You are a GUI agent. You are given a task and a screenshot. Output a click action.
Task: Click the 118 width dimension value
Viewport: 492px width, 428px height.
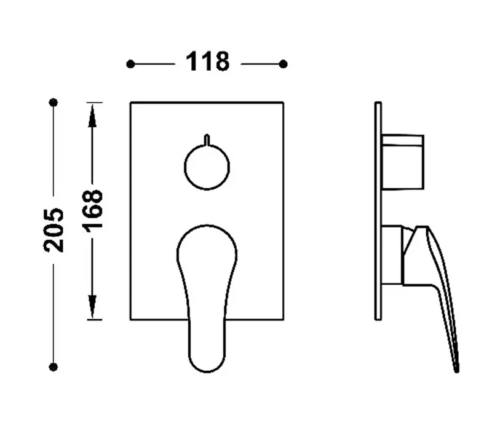207,62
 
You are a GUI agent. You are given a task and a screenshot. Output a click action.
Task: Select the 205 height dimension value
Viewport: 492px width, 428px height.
54,230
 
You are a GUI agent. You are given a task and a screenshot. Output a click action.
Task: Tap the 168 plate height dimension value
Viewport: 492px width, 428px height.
92,211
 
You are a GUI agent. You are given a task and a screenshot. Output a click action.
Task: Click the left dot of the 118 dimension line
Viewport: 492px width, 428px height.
130,65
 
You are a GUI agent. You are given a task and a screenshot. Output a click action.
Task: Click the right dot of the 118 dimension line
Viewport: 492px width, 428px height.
283,64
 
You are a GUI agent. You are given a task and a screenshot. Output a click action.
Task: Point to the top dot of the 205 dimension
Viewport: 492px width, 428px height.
54,102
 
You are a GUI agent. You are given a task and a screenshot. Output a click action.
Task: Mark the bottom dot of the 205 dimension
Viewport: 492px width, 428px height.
54,367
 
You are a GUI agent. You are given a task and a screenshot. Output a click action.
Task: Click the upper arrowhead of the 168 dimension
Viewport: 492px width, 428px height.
92,116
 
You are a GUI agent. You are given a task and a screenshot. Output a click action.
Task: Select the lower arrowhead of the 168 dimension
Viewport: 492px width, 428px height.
92,307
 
